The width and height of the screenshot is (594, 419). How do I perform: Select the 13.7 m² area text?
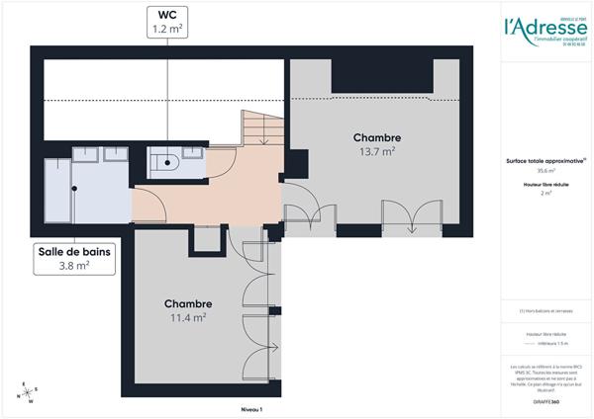click(x=376, y=151)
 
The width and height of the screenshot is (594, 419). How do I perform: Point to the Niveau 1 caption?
click(x=252, y=408)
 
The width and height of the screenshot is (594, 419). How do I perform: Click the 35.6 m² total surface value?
click(x=545, y=170)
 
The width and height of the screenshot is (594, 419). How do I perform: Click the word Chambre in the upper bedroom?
click(x=376, y=136)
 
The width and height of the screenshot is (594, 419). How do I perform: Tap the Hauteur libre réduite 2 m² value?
click(x=545, y=194)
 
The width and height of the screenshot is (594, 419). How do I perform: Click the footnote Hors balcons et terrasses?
click(x=546, y=311)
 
